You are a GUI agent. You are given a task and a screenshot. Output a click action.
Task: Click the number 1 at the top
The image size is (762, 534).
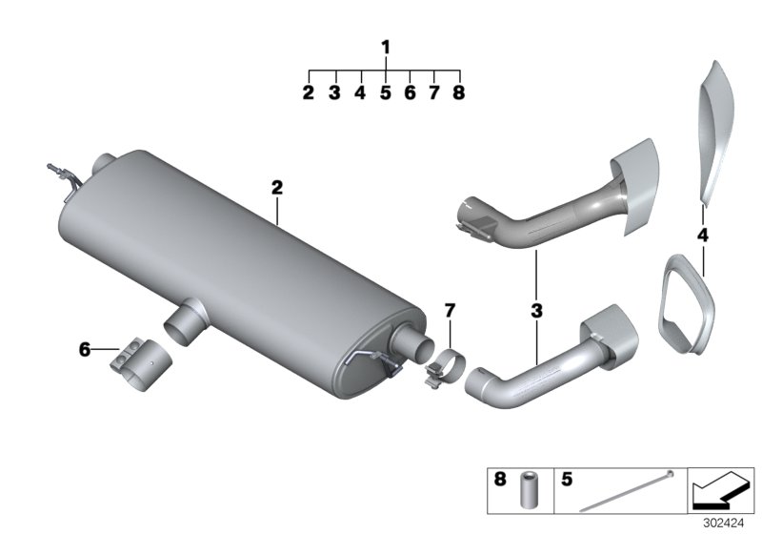[x=386, y=47]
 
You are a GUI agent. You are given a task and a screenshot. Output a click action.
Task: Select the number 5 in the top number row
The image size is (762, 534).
[x=386, y=93]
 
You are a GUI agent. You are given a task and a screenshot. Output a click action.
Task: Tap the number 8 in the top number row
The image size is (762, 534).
[x=459, y=93]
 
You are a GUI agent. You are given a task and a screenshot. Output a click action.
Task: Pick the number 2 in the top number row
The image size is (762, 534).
[x=309, y=93]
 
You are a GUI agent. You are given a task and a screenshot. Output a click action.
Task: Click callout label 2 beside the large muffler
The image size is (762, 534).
[x=277, y=189]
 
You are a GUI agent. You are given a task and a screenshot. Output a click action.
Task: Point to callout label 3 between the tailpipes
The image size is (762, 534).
[x=536, y=311]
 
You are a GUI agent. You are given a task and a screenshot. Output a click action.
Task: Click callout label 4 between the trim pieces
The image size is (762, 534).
[x=702, y=234]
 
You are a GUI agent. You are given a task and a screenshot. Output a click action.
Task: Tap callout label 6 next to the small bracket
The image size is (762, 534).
[x=85, y=351]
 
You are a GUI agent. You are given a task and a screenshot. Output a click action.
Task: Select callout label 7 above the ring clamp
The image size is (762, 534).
[x=450, y=310]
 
